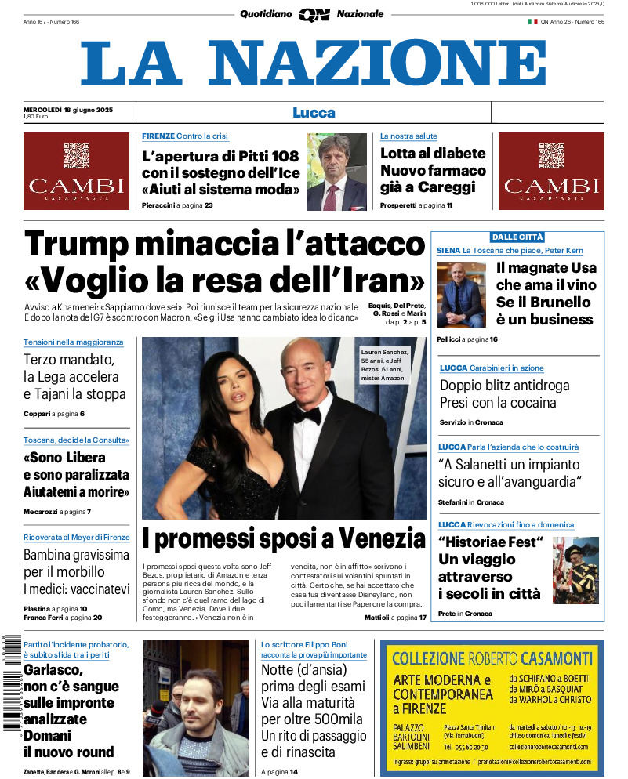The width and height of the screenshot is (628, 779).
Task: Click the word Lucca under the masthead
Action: click(314, 112)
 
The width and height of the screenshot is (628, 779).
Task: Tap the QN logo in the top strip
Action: click(314, 14)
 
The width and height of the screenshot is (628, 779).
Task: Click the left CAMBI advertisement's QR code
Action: click(76, 155)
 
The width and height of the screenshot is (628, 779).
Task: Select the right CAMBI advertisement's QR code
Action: click(551, 155)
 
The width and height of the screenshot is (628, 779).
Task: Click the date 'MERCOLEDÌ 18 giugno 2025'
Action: click(68, 109)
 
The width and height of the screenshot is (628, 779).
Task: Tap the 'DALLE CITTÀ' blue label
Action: click(517, 237)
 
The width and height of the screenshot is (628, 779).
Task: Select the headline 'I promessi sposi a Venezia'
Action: click(284, 539)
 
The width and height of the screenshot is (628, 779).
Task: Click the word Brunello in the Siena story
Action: click(561, 302)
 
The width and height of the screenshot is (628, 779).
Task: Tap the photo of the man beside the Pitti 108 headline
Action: click(337, 172)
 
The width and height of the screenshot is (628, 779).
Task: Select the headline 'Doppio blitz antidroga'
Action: click(504, 385)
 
